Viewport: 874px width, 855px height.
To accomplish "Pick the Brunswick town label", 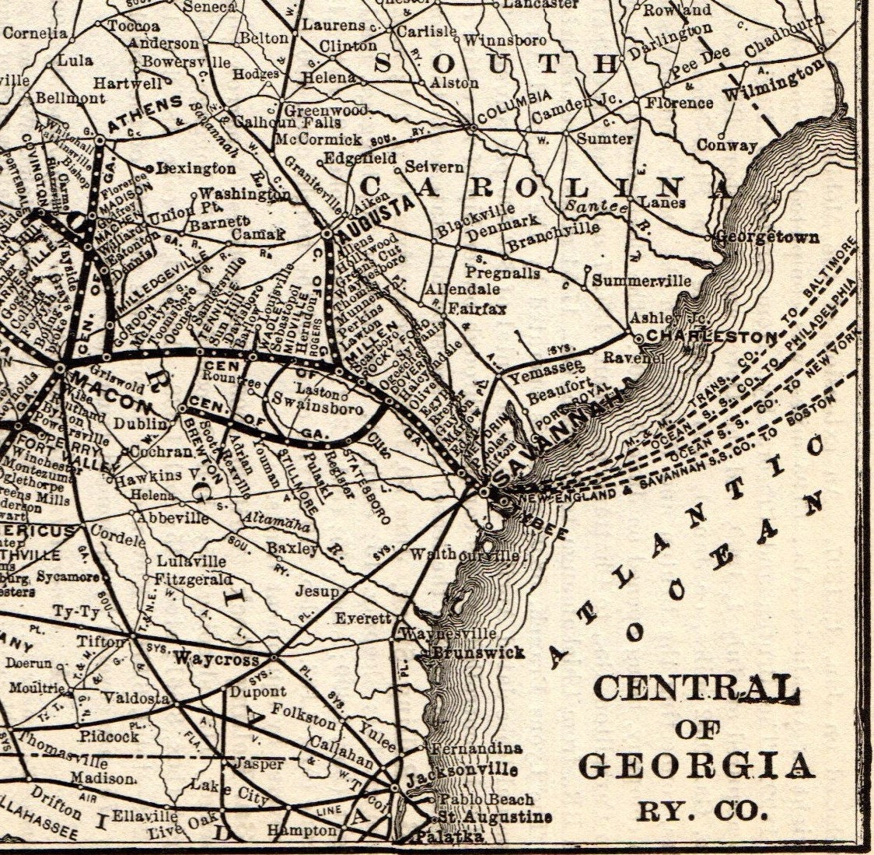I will point(477,653).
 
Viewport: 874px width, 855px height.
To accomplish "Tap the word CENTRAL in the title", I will point(697,689).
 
